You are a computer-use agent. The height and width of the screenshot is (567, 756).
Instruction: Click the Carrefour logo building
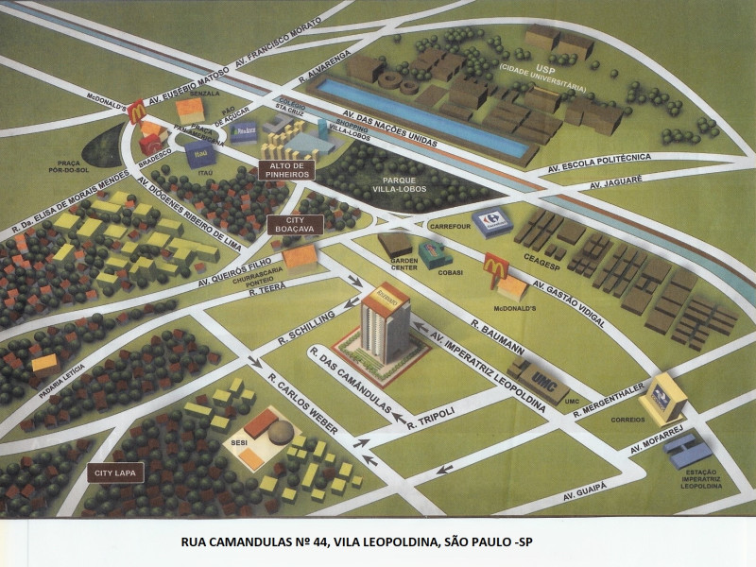click(x=491, y=222)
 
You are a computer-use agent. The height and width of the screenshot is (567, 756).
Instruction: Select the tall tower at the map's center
click(x=387, y=321)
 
